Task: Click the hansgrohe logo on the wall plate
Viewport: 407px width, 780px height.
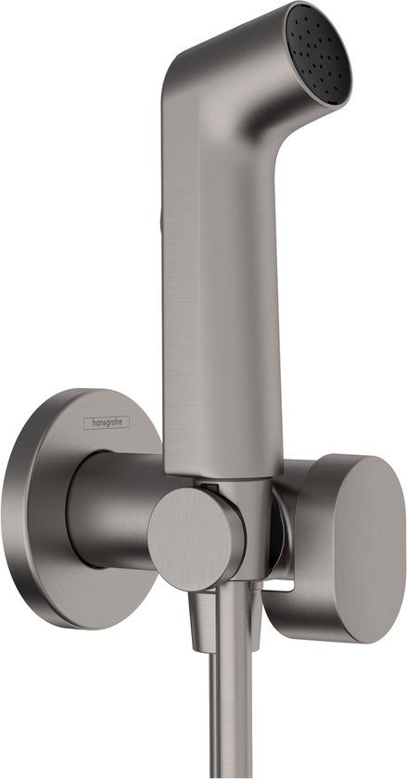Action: click(x=108, y=422)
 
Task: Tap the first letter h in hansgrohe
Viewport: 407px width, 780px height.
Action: click(x=90, y=423)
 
